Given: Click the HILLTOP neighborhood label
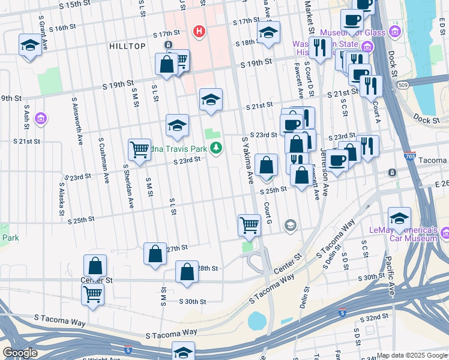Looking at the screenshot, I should click(x=127, y=46).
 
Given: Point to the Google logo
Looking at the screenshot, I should click(x=20, y=353).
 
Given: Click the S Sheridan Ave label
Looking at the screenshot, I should click(x=128, y=185).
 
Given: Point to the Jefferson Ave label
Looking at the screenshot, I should click(x=325, y=173).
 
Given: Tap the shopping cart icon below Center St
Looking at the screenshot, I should click(x=93, y=295).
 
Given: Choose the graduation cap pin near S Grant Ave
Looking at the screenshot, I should click(x=29, y=46).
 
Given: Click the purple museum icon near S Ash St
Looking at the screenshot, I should click(x=41, y=119).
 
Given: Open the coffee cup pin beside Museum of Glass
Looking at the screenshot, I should click(x=352, y=20).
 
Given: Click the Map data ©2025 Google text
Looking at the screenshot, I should click(x=412, y=355).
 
